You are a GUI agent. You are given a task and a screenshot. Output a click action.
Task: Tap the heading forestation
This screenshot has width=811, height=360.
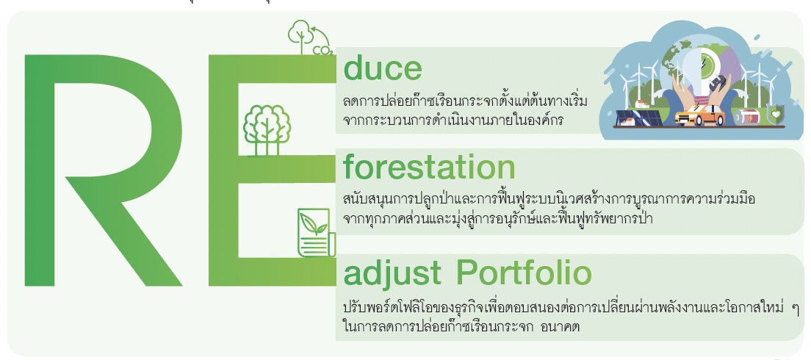point(429,168)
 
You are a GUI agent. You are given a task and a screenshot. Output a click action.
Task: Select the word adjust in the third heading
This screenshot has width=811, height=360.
point(392,274)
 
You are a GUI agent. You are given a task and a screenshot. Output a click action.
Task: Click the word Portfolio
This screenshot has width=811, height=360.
point(525,273)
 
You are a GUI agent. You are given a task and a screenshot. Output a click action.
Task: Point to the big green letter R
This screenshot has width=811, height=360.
point(103,170)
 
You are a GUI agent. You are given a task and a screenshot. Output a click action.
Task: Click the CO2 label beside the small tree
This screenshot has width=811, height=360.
point(322,50)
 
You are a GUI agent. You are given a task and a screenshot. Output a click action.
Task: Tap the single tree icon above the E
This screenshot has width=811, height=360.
point(299,36)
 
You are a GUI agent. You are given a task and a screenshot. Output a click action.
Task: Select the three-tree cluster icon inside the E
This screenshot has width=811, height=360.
point(267,130)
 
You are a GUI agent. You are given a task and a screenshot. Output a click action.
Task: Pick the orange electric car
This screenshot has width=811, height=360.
point(700,115)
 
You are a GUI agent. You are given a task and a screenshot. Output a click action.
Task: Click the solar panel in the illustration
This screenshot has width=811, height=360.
point(635,119)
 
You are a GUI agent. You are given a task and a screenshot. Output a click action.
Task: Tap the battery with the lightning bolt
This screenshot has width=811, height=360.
point(747,117)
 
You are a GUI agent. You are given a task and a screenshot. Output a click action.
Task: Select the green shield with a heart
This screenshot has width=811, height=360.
point(775,115)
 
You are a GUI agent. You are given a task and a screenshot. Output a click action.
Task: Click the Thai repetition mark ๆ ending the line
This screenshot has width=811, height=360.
point(795,309)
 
